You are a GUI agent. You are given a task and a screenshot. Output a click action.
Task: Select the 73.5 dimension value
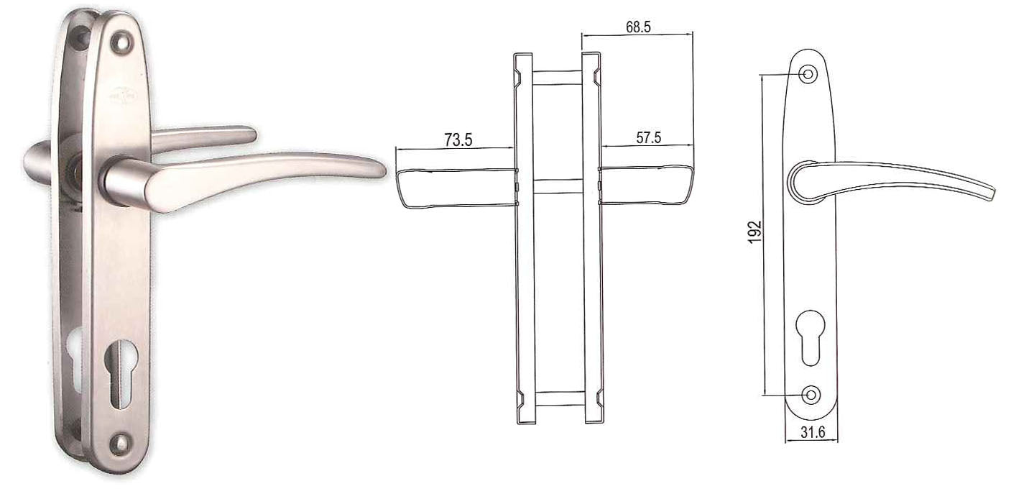458,140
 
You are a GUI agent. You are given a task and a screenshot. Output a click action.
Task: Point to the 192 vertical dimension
754,232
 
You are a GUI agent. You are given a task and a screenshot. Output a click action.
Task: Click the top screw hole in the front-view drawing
809,73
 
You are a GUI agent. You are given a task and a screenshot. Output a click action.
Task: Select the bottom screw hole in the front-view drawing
811,394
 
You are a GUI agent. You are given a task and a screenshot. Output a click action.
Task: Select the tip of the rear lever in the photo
250,134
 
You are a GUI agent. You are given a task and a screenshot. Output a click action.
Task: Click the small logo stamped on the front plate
117,93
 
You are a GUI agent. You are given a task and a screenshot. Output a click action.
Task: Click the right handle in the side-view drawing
647,186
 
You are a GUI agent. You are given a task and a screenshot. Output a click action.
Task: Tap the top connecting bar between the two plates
558,77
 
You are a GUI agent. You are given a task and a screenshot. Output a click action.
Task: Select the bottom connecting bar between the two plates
558,398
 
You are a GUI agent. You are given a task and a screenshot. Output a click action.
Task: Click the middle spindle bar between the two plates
558,186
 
